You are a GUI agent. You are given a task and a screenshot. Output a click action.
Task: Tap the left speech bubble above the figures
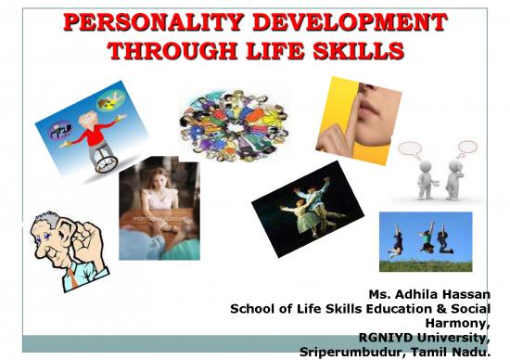[x=409, y=148]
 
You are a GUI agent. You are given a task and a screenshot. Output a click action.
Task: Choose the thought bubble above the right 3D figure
[x=465, y=148]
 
